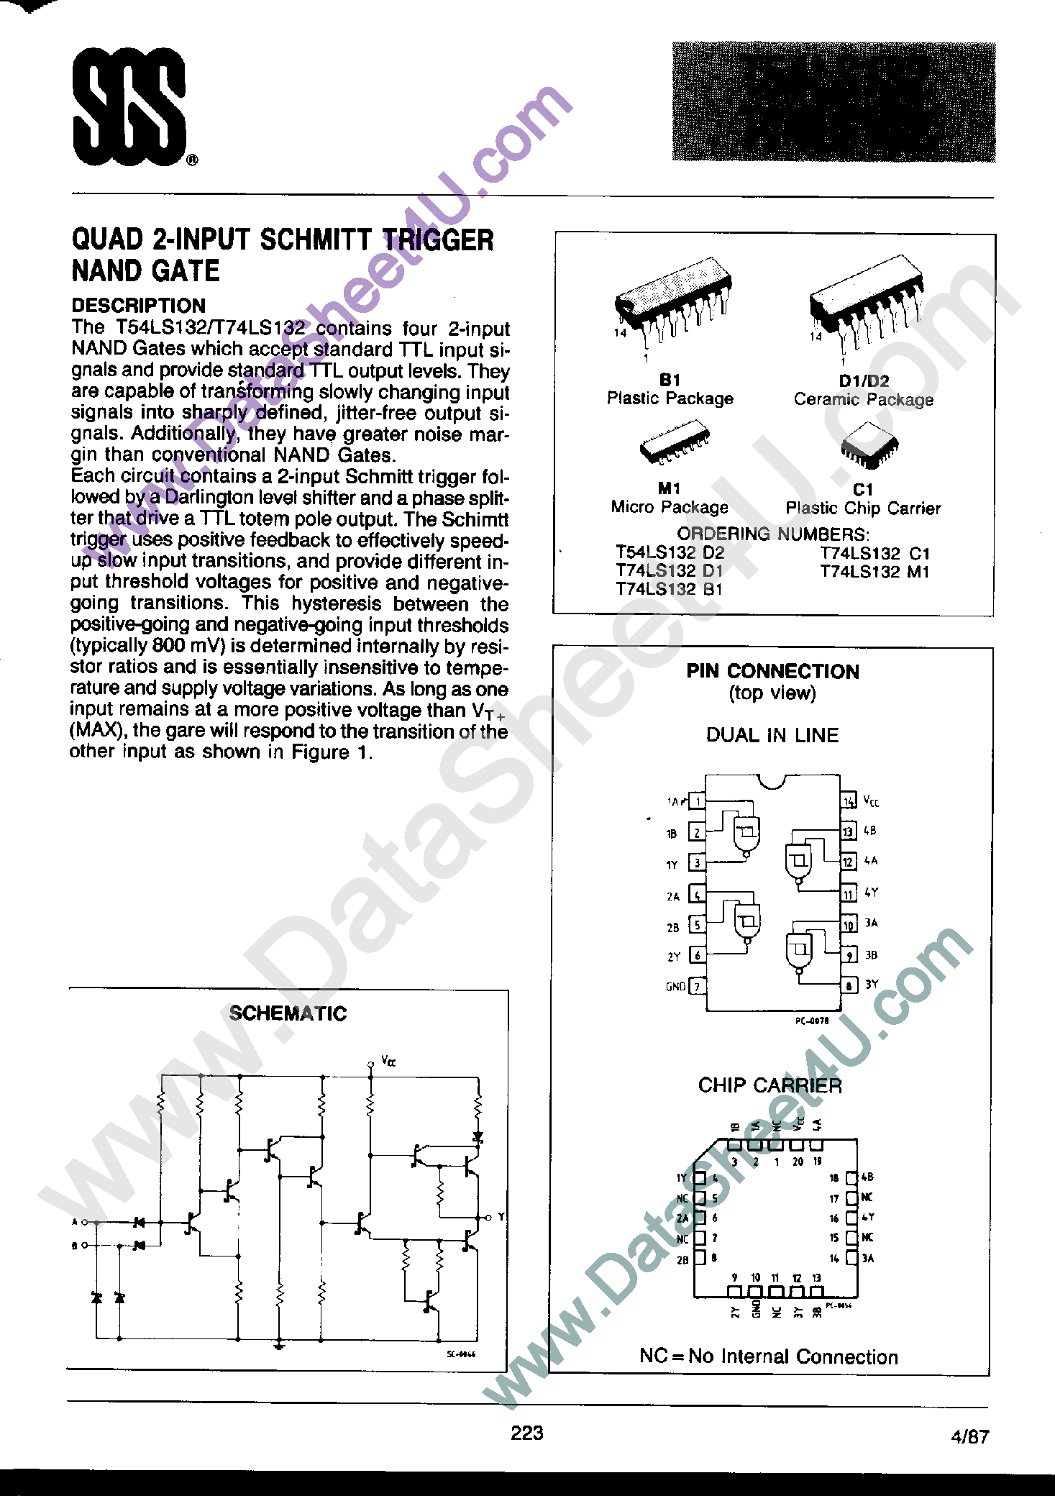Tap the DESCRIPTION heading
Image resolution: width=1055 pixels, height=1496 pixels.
pyautogui.click(x=138, y=306)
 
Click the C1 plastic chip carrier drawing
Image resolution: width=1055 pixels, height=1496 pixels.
pyautogui.click(x=869, y=444)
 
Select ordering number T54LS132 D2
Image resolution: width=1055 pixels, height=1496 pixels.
pyautogui.click(x=670, y=553)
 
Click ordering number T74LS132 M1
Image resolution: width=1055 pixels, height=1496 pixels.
pyautogui.click(x=874, y=573)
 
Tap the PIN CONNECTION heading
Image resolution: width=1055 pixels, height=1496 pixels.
pyautogui.click(x=772, y=672)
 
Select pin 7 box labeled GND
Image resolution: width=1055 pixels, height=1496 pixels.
pyautogui.click(x=697, y=987)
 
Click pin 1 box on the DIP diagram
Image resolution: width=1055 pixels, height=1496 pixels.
pyautogui.click(x=697, y=801)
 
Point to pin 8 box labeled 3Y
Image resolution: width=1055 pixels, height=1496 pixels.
pyautogui.click(x=849, y=986)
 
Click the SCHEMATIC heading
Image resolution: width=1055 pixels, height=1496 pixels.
pyautogui.click(x=288, y=1013)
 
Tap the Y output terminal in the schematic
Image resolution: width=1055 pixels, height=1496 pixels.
pyautogui.click(x=490, y=1217)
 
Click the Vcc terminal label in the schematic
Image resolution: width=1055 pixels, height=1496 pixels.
pyautogui.click(x=388, y=1061)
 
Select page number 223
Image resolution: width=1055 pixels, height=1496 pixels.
pyautogui.click(x=527, y=1433)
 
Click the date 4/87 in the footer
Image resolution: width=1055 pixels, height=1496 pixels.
pyautogui.click(x=969, y=1437)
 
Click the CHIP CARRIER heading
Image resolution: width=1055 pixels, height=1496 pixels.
pyautogui.click(x=769, y=1085)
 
